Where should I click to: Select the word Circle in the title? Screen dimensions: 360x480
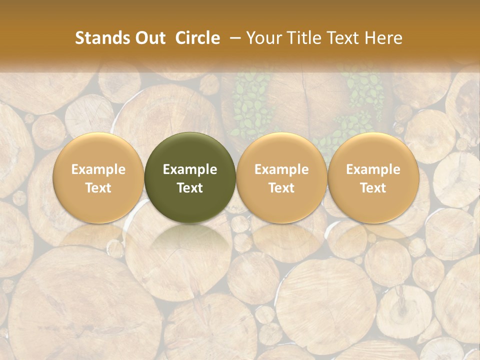coord(197,38)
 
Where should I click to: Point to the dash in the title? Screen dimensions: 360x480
coord(234,38)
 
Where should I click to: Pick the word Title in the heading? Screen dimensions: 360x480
coord(301,38)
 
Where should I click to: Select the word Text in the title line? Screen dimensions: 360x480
coord(340,38)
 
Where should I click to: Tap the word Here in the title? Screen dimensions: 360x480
coord(382,38)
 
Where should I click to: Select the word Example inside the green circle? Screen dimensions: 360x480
coord(190,169)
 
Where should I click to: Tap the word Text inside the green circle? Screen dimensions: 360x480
coord(190,188)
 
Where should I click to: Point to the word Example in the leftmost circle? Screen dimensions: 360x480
coord(98,169)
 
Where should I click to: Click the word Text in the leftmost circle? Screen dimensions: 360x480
coord(98,188)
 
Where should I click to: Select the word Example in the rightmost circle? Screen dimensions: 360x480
coord(373,169)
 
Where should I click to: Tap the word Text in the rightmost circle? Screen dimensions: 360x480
coord(373,188)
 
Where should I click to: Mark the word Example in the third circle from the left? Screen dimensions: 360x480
coord(281,169)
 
